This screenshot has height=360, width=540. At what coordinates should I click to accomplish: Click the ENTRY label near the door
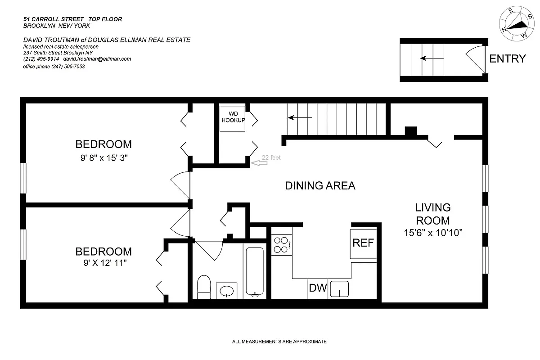[x=507, y=58]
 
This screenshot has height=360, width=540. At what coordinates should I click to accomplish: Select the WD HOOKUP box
[x=232, y=118]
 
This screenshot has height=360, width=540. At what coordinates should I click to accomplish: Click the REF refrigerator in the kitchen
[x=363, y=243]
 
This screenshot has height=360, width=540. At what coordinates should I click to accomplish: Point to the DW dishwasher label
[x=318, y=288]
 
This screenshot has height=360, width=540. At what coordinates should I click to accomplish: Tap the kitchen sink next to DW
[x=339, y=289]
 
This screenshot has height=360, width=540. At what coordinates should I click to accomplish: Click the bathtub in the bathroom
[x=256, y=270]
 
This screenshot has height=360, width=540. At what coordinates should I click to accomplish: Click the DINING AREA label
[x=320, y=185]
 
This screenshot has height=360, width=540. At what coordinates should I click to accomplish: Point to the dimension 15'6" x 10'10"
[x=433, y=233]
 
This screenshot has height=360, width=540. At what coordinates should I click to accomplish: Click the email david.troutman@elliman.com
[x=97, y=59]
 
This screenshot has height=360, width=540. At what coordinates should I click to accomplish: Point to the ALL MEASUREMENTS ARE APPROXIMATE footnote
[x=279, y=342]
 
